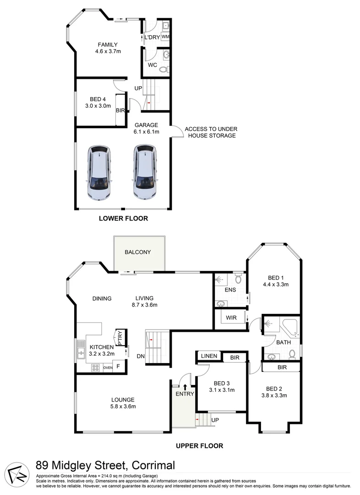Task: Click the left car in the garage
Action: [99, 173]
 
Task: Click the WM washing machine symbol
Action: [165, 37]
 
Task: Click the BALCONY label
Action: [138, 252]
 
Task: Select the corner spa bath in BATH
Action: [290, 327]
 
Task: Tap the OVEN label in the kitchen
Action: [108, 367]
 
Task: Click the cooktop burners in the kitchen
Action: [96, 367]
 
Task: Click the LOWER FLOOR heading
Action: [123, 219]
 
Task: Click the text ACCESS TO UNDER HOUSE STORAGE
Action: [211, 132]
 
